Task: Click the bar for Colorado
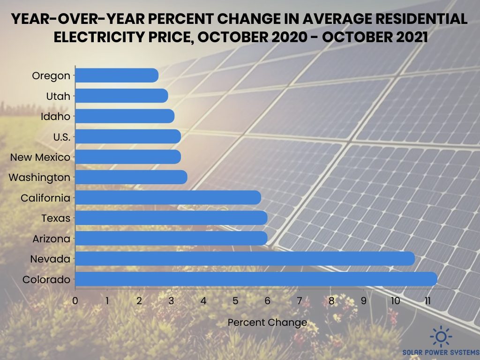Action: pyautogui.click(x=256, y=279)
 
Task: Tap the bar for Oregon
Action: pyautogui.click(x=117, y=75)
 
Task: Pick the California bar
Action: pyautogui.click(x=168, y=198)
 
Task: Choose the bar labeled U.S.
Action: pyautogui.click(x=128, y=136)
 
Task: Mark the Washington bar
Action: pyautogui.click(x=131, y=177)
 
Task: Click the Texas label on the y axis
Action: pyautogui.click(x=55, y=218)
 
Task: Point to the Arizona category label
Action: pyautogui.click(x=51, y=239)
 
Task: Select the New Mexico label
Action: pyautogui.click(x=40, y=157)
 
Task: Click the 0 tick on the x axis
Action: pyautogui.click(x=75, y=300)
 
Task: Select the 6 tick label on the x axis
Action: pyautogui.click(x=267, y=300)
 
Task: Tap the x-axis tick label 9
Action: pyautogui.click(x=363, y=300)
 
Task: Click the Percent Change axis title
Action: pyautogui.click(x=267, y=322)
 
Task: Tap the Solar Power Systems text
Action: pyautogui.click(x=441, y=352)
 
